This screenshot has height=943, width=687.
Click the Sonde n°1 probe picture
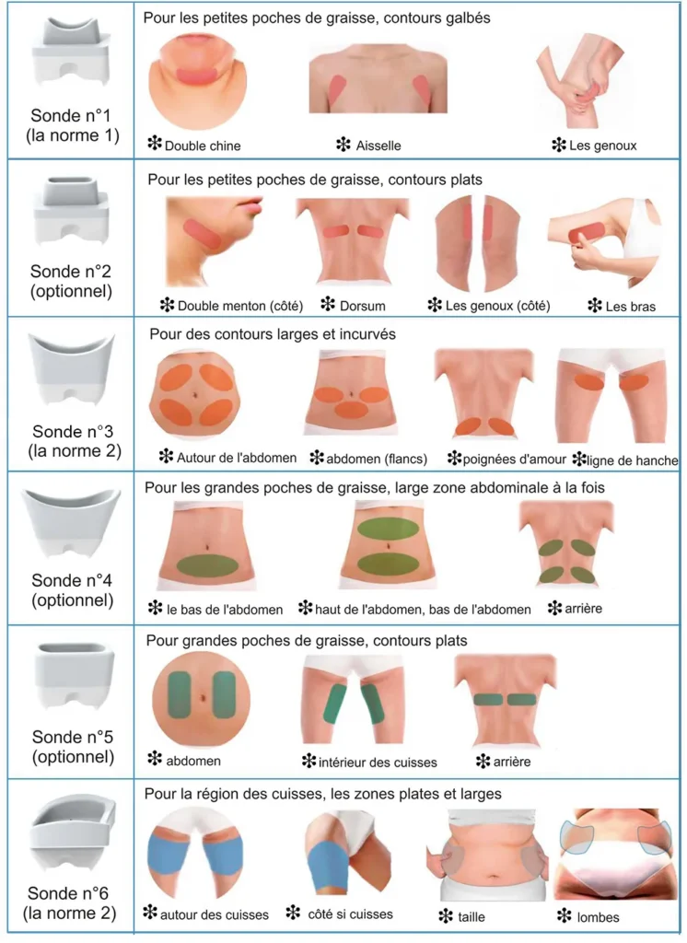pyautogui.click(x=71, y=52)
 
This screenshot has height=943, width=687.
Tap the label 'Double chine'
pyautogui.click(x=203, y=146)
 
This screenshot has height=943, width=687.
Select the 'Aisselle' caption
pyautogui.click(x=378, y=146)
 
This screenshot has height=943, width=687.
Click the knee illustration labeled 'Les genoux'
pyautogui.click(x=576, y=79)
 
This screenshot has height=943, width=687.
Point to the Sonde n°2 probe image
pyautogui.click(x=71, y=210)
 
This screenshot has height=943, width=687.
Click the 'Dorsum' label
pyautogui.click(x=362, y=306)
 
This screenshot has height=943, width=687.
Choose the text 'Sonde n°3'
pyautogui.click(x=72, y=431)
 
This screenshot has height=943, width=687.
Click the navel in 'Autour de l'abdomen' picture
pyautogui.click(x=195, y=395)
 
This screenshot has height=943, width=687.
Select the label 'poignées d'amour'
pyautogui.click(x=515, y=460)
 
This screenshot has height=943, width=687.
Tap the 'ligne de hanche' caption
pyautogui.click(x=632, y=460)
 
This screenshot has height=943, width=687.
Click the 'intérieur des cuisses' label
pyautogui.click(x=378, y=763)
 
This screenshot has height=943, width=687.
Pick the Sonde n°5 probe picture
pyautogui.click(x=74, y=676)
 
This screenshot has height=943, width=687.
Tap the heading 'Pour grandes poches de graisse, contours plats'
pyautogui.click(x=307, y=641)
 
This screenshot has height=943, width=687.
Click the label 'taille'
pyautogui.click(x=471, y=917)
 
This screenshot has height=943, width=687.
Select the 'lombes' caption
pyautogui.click(x=598, y=917)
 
